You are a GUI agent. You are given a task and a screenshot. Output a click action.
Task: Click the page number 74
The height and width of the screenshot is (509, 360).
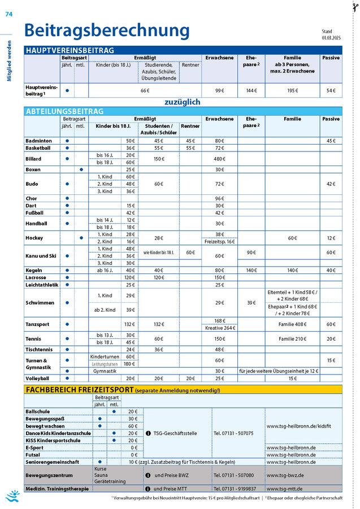click(x=8, y=15)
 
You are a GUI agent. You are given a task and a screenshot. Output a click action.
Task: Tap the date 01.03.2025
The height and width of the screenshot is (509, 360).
click(x=332, y=37)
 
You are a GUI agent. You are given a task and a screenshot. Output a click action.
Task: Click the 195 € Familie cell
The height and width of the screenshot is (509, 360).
click(x=292, y=90)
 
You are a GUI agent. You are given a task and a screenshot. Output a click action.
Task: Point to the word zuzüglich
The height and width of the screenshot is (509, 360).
click(x=183, y=102)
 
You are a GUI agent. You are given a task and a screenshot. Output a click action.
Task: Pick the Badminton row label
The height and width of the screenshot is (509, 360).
click(x=39, y=140)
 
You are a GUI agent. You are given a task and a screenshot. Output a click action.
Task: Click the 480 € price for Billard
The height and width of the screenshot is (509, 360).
click(x=220, y=159)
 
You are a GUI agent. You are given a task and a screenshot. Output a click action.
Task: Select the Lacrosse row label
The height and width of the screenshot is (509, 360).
click(x=37, y=277)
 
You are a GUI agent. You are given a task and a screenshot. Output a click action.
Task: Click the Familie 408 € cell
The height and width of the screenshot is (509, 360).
click(x=292, y=324)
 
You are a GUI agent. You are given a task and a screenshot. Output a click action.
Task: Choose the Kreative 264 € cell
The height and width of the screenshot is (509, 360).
click(x=220, y=328)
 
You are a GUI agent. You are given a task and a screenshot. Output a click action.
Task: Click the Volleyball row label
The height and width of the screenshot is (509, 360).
click(x=38, y=378)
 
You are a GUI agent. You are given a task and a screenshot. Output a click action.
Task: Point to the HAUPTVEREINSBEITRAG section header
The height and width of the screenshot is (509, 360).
click(x=71, y=50)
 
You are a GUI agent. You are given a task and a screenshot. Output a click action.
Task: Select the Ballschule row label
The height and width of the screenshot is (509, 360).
click(x=37, y=411)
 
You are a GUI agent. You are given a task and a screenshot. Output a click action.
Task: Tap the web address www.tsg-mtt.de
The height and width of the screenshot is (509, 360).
click(x=285, y=489)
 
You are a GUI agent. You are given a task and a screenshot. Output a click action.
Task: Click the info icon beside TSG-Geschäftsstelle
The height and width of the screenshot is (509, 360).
click(x=148, y=433)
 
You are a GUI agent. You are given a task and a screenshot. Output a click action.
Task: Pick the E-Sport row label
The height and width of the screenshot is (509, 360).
click(x=34, y=447)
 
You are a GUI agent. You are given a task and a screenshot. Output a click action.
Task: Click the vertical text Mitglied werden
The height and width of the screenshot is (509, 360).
click(x=9, y=61)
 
